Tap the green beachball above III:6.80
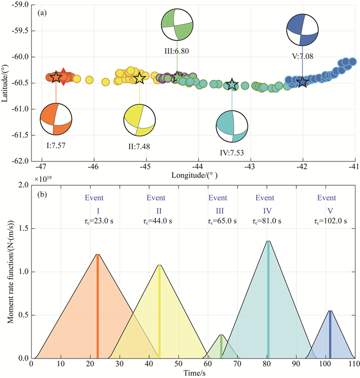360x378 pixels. point(177,24)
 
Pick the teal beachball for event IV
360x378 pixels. point(231,126)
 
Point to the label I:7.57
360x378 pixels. point(56,146)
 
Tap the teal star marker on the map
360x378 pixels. point(232,84)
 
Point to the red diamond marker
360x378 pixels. point(63,76)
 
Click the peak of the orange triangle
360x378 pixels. point(97,254)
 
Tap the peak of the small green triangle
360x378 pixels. point(221,335)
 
